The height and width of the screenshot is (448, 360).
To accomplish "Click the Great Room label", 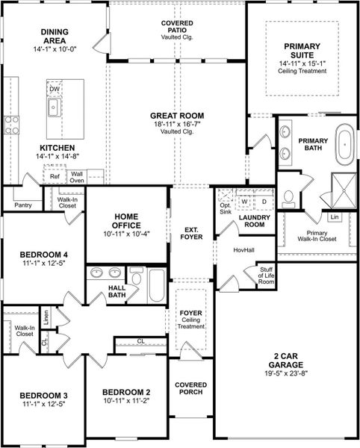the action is [x=177, y=116].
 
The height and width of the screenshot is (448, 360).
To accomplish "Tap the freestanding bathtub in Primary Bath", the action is [x=345, y=145].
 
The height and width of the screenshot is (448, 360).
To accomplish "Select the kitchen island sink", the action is [x=54, y=107].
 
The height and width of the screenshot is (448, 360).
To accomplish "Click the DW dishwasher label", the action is [x=55, y=89].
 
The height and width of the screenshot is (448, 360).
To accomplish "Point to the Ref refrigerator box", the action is [x=55, y=174].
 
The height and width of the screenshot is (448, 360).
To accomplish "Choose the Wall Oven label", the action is [x=77, y=177].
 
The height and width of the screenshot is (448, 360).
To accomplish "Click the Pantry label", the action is [x=23, y=205].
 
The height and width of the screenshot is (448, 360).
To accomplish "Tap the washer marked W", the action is [x=244, y=202].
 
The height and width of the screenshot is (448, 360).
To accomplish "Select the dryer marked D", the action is [x=264, y=202].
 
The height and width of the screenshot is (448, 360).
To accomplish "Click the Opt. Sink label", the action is [x=226, y=208].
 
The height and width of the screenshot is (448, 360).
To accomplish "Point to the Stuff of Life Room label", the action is [x=266, y=276].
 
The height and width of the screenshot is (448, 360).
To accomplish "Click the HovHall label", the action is [x=243, y=250].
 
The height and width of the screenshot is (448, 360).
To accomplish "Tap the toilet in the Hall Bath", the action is [x=136, y=276].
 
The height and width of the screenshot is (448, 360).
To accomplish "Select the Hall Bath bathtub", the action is [x=157, y=285].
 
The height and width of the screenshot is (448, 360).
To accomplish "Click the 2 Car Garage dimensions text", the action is [x=286, y=373].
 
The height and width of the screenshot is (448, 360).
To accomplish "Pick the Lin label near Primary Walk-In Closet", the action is [x=335, y=217].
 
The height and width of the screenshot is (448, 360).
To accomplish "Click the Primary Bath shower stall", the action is [x=344, y=190].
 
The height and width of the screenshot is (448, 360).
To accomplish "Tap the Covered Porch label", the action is [x=191, y=388].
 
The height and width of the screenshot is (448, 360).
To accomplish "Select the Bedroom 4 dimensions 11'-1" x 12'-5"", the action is [x=44, y=263].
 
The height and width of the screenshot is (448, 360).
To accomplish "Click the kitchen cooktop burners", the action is [x=11, y=125].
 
